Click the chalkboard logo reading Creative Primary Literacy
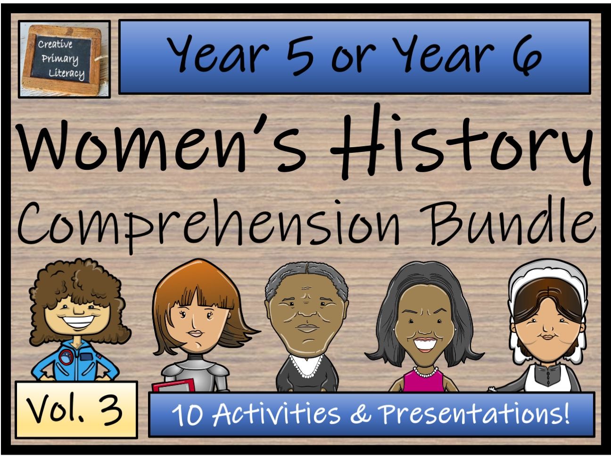click(x=64, y=59)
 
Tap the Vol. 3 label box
click(x=75, y=409)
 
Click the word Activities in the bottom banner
click(x=276, y=414)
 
